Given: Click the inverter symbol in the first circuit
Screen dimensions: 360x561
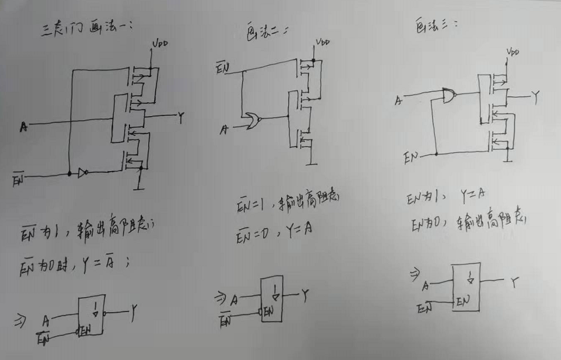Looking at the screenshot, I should (82, 173).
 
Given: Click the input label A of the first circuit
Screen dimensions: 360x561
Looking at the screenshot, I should (23, 125).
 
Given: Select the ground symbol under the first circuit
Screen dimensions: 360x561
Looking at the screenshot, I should (139, 186).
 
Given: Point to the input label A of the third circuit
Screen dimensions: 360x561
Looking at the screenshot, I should (399, 101).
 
